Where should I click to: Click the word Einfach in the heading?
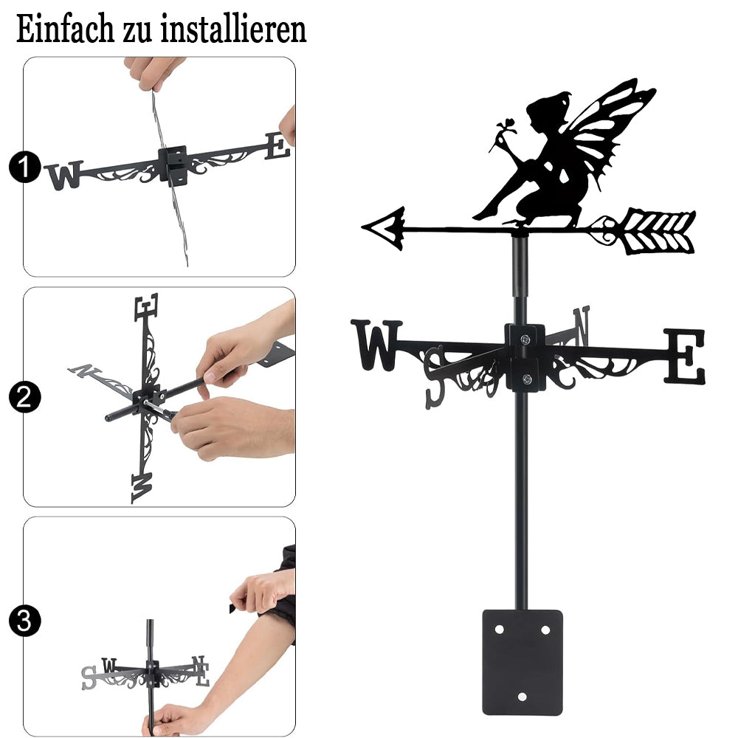65,30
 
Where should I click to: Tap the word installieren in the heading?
233,30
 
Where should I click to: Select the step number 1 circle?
24,167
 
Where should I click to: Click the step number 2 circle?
24,397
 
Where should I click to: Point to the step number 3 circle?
24,621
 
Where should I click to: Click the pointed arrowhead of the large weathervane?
384,229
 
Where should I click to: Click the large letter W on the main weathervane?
377,345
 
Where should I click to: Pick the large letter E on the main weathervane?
685,356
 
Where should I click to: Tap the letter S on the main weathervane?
435,376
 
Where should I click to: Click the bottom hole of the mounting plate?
523,697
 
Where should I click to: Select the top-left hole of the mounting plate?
500,630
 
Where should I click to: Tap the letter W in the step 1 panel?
64,175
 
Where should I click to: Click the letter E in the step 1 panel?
277,146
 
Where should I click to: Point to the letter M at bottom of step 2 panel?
142,488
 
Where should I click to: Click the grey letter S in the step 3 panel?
89,677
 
